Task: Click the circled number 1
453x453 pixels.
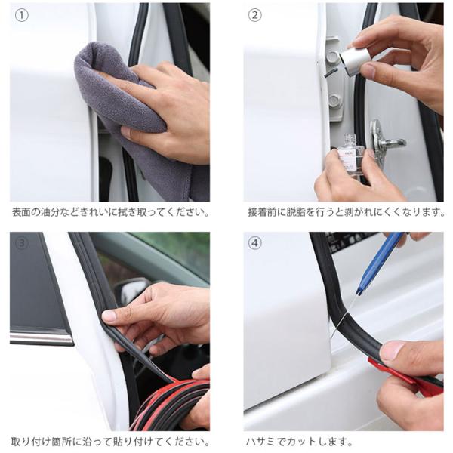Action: pyautogui.click(x=22, y=15)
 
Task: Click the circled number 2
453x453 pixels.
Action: pyautogui.click(x=255, y=15)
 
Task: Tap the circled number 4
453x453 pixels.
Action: pyautogui.click(x=255, y=243)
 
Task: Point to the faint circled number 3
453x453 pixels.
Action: pyautogui.click(x=22, y=243)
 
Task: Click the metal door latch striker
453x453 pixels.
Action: pyautogui.click(x=386, y=142)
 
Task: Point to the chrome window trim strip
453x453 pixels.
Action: pyautogui.click(x=41, y=337)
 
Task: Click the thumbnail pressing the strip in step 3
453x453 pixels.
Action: pyautogui.click(x=110, y=316)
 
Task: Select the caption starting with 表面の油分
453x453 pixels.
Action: pyautogui.click(x=111, y=212)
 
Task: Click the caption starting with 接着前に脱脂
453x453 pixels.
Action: pyautogui.click(x=347, y=212)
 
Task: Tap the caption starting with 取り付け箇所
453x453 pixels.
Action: pyautogui.click(x=111, y=442)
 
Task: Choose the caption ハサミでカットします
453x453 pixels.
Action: pyautogui.click(x=300, y=442)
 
